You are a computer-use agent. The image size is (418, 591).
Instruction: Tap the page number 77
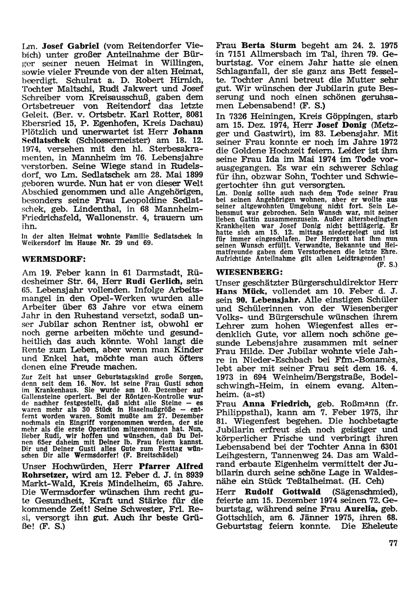[x=393, y=543]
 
